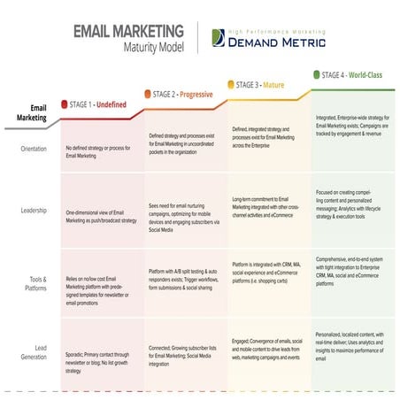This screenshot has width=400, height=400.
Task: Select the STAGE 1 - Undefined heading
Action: pyautogui.click(x=98, y=104)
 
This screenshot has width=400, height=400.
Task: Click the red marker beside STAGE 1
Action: pyautogui.click(x=64, y=104)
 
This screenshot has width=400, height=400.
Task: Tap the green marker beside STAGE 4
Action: pyautogui.click(x=316, y=74)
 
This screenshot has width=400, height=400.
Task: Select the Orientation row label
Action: pyautogui.click(x=34, y=149)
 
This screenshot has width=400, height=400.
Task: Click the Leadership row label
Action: pyautogui.click(x=34, y=211)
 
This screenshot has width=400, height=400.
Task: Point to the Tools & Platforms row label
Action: pyautogui.click(x=34, y=282)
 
